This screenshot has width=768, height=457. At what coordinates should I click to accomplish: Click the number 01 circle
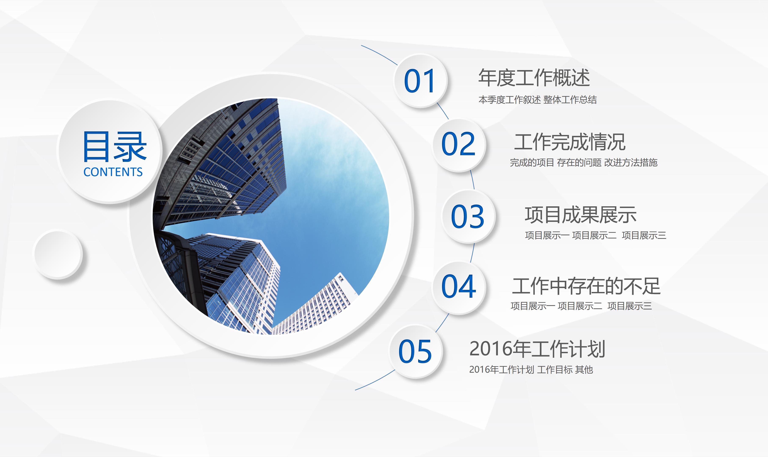(x=420, y=81)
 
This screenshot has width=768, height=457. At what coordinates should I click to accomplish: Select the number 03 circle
(x=468, y=216)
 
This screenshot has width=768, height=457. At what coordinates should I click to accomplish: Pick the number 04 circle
(x=459, y=287)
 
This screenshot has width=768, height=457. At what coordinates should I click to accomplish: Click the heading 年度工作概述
(x=534, y=78)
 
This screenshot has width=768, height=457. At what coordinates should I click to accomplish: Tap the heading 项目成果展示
(x=580, y=215)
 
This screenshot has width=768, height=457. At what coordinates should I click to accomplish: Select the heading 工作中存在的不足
(x=586, y=286)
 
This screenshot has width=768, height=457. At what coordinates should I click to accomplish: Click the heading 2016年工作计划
(x=537, y=349)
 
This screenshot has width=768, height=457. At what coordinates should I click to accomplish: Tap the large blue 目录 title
(x=114, y=147)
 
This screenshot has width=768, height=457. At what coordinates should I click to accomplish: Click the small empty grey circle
(x=58, y=254)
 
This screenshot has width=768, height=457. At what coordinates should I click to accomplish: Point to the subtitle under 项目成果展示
(x=595, y=235)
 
